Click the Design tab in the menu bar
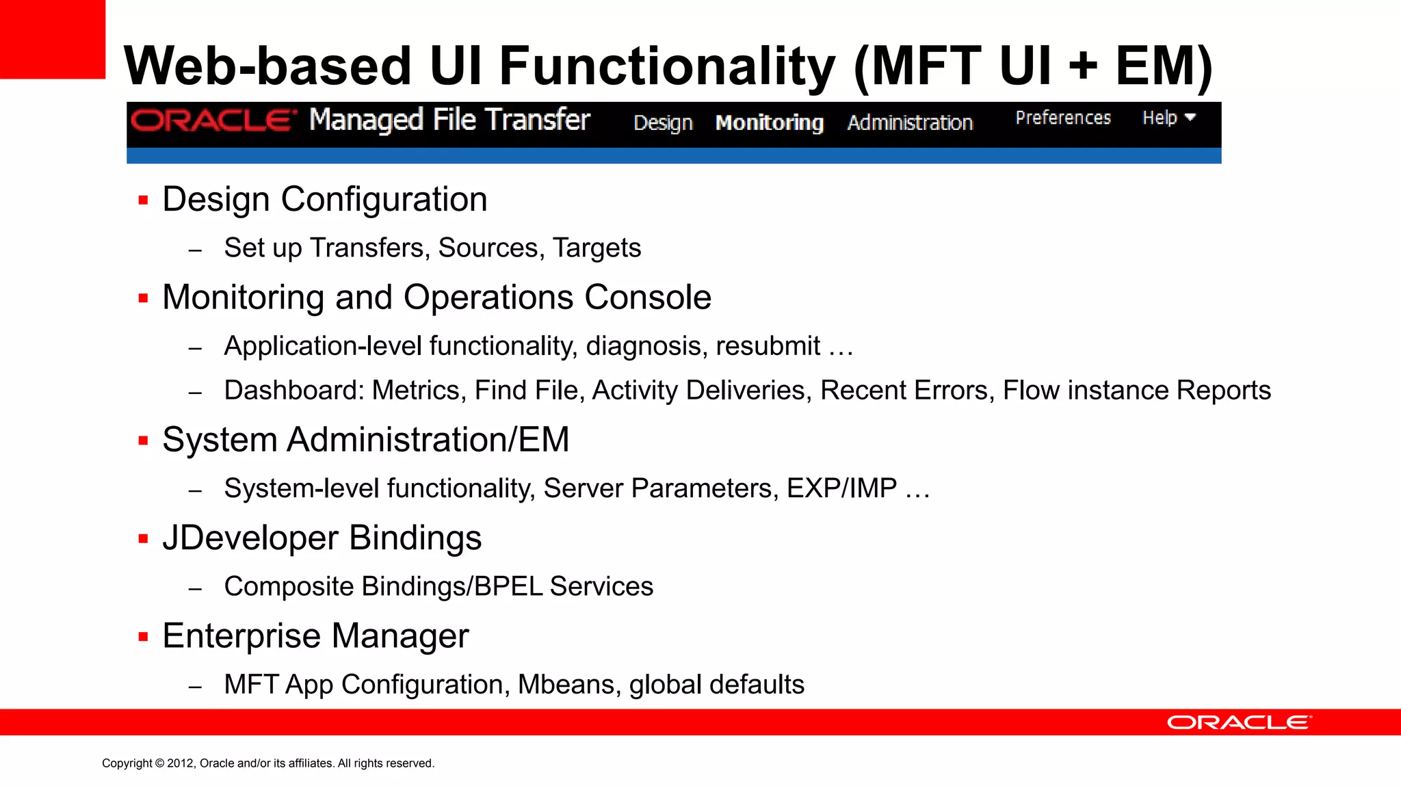[x=663, y=122]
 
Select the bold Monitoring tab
[x=769, y=122]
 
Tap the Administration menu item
[x=910, y=122]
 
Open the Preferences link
[x=1062, y=118]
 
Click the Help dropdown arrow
[x=1190, y=117]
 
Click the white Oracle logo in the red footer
[x=1239, y=722]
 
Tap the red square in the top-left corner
[x=52, y=39]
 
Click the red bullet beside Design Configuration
[x=143, y=200]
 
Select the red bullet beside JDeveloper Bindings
[x=143, y=539]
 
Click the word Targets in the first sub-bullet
[x=597, y=248]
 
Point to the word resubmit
[x=768, y=346]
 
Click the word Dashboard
[x=294, y=391]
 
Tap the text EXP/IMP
[x=841, y=488]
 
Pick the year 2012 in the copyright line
[x=181, y=763]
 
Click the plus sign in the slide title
[x=1082, y=66]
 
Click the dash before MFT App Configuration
[x=195, y=687]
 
